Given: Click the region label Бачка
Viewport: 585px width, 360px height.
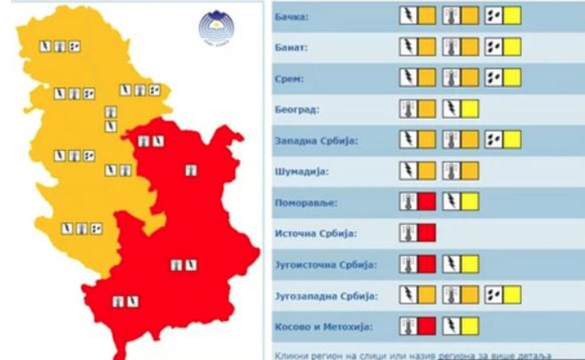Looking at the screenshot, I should click(291, 16).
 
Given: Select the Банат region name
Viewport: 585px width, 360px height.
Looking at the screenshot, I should click(291, 47).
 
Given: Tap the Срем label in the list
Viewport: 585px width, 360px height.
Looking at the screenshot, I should click(289, 78).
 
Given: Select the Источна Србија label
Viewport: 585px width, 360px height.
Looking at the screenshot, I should click(314, 234).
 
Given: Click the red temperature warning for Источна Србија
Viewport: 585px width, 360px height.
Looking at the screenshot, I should click(418, 233).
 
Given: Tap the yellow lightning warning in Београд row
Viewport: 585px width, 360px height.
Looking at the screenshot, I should click(460, 109).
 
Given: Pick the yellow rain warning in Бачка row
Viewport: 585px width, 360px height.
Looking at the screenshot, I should click(503, 15).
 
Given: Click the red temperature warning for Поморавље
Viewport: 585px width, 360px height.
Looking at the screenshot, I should click(418, 202).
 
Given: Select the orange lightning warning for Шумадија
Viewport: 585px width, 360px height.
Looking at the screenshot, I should click(418, 171).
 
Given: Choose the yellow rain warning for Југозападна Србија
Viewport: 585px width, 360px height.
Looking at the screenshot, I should click(503, 295).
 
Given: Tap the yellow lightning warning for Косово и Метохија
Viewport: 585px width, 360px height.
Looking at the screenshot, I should click(460, 326).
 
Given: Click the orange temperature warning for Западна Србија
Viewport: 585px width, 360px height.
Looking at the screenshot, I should click(460, 139).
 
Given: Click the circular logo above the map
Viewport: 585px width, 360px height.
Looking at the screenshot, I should click(216, 28).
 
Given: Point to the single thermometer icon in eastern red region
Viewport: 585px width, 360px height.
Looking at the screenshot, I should click(191, 170).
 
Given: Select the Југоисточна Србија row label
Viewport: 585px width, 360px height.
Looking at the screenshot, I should click(325, 265).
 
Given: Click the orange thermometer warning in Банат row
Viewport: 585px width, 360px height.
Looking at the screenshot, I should click(460, 46).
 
